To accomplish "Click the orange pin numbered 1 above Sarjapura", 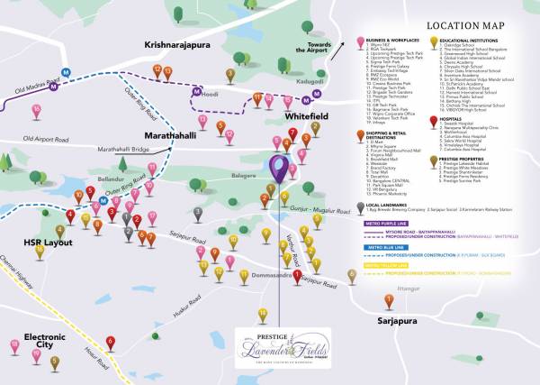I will pos(388,300).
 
